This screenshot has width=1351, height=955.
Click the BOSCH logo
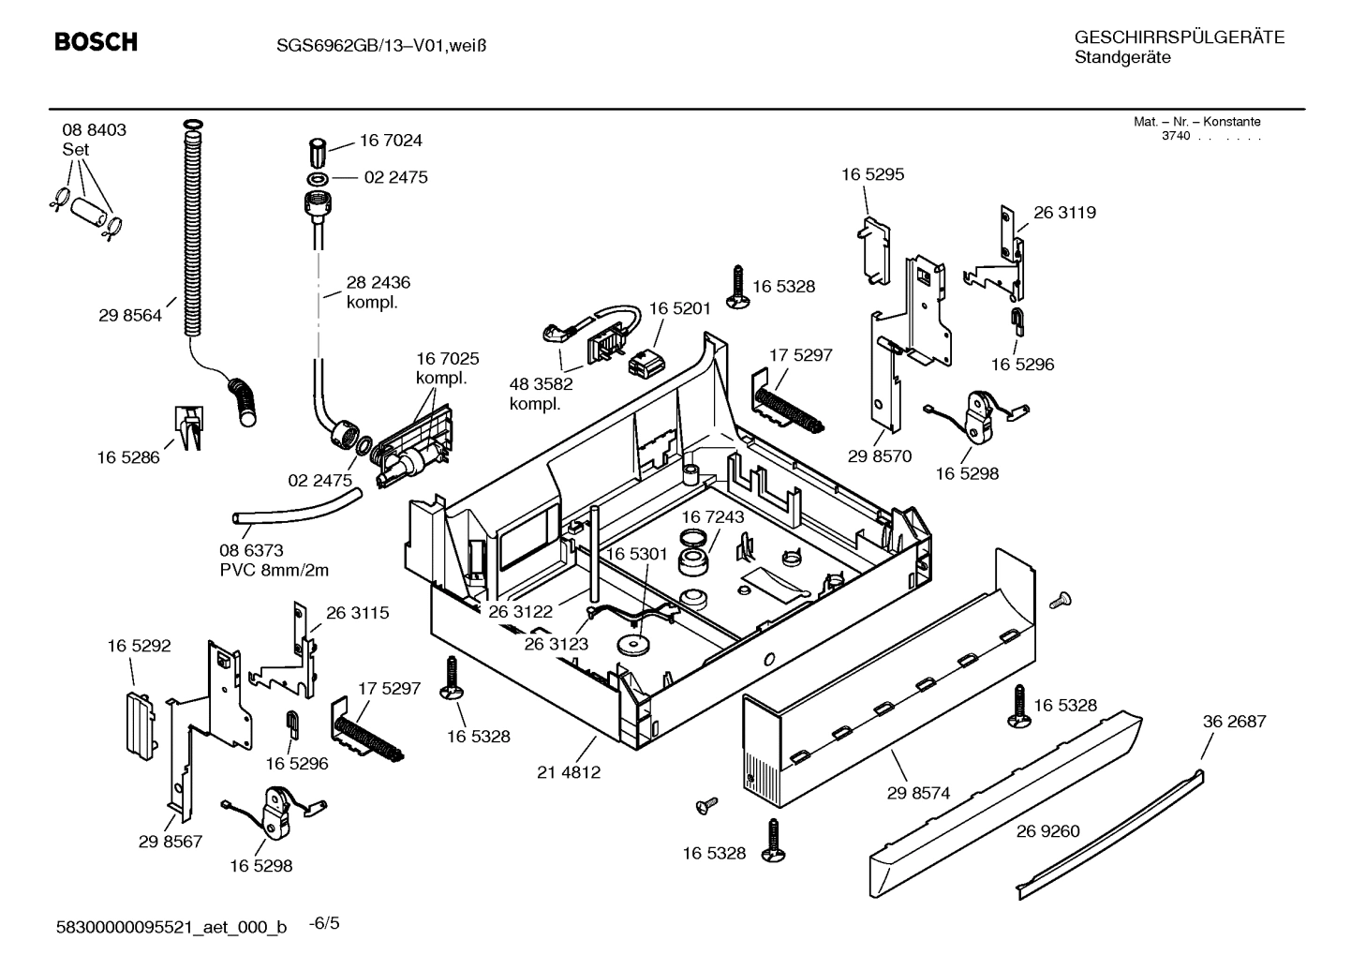tap(96, 42)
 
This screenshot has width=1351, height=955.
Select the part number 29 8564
tap(129, 316)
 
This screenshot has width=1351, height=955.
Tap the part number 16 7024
tap(391, 141)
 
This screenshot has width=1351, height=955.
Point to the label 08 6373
tap(251, 550)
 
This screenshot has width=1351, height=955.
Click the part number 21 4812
tap(569, 773)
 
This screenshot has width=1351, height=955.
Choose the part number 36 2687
tap(1234, 721)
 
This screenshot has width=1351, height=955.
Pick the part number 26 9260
tap(1048, 830)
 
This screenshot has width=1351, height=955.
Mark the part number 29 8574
tap(918, 793)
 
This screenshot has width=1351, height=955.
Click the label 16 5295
tap(872, 174)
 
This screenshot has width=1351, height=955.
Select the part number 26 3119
tap(1064, 213)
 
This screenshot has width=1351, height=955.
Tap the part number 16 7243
tap(712, 517)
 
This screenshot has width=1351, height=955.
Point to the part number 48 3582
tap(541, 383)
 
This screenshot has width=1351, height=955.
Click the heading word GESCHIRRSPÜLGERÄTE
tap(1179, 38)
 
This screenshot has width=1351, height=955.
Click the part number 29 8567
tap(171, 842)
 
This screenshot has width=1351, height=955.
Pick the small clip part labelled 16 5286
tap(188, 425)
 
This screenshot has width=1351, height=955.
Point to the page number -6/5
tap(324, 924)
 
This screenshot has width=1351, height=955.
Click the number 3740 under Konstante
tap(1175, 136)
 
